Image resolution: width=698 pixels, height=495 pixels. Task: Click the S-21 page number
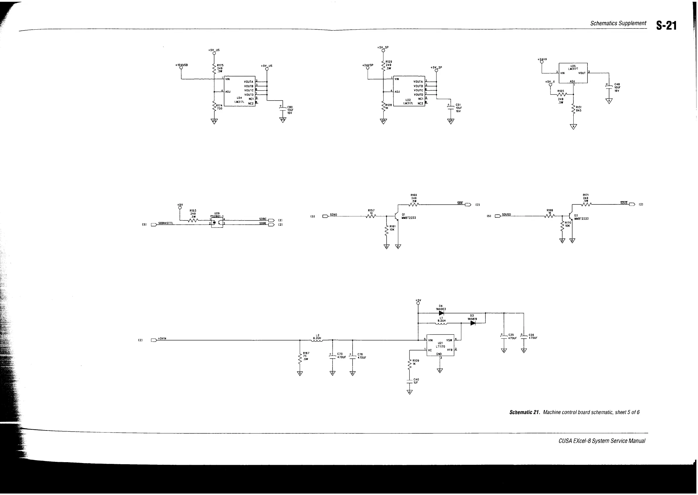pyautogui.click(x=666, y=26)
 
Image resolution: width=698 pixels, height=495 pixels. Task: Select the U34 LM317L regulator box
pyautogui.click(x=240, y=91)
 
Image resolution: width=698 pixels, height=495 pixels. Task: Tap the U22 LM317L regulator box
pyautogui.click(x=409, y=91)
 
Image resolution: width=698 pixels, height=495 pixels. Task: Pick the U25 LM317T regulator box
pyautogui.click(x=573, y=73)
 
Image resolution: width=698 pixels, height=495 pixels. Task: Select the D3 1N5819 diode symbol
pyautogui.click(x=473, y=323)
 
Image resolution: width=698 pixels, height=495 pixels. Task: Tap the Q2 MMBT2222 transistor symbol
pyautogui.click(x=570, y=216)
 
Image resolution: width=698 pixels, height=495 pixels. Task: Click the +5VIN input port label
pyautogui.click(x=162, y=339)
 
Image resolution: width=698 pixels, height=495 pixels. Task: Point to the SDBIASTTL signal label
pyautogui.click(x=165, y=223)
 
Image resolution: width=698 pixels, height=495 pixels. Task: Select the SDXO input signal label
pyautogui.click(x=333, y=215)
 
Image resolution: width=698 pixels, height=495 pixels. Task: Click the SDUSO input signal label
pyautogui.click(x=506, y=215)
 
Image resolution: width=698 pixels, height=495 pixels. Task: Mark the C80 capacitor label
pyautogui.click(x=290, y=107)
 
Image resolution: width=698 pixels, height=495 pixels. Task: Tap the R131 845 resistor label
pyautogui.click(x=579, y=109)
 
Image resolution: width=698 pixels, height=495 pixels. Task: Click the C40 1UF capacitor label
pyautogui.click(x=416, y=381)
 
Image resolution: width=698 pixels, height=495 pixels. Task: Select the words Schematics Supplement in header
pyautogui.click(x=618, y=23)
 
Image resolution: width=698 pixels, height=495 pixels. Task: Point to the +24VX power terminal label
pyautogui.click(x=542, y=59)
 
